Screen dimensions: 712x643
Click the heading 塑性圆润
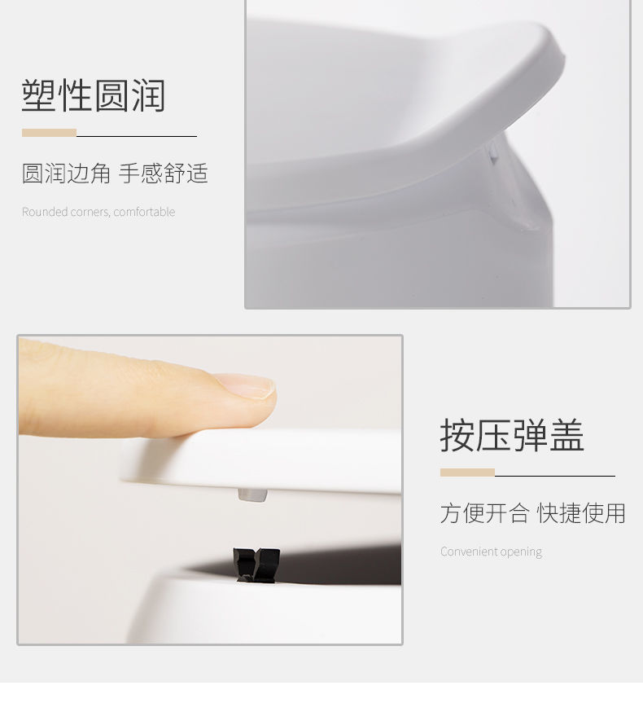point(94,96)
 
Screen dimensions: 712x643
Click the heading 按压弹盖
point(512,435)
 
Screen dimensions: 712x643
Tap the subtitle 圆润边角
point(66,174)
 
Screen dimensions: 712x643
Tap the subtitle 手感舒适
point(164,174)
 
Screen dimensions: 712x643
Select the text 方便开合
point(484,513)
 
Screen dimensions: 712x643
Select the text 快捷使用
point(581,513)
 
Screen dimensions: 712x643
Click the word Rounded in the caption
point(45,212)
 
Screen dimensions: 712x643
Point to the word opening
point(521,552)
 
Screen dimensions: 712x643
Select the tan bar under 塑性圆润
point(49,133)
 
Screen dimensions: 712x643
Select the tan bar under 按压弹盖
point(467,472)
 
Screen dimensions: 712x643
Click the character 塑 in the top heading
point(39,96)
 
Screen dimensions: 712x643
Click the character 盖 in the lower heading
point(566,435)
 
